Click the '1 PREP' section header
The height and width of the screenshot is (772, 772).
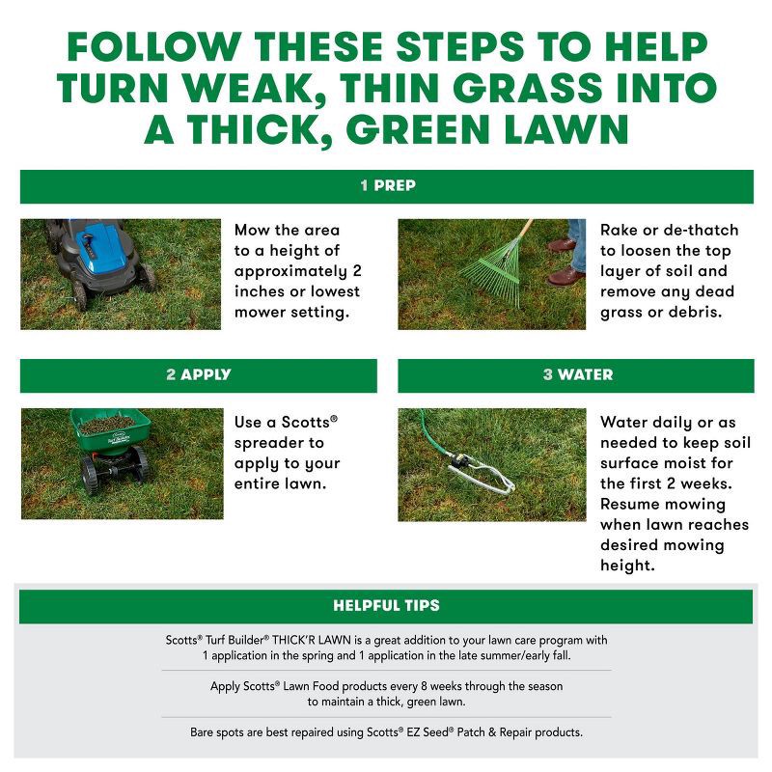pyautogui.click(x=387, y=186)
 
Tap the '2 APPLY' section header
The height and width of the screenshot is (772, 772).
pyautogui.click(x=198, y=374)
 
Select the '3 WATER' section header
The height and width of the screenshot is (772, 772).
pyautogui.click(x=577, y=374)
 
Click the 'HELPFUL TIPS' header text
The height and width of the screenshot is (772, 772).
pyautogui.click(x=386, y=606)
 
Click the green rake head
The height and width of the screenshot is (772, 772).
pyautogui.click(x=488, y=279)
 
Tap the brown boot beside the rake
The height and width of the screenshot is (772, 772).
pyautogui.click(x=565, y=277)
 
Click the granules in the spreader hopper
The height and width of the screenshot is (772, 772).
pyautogui.click(x=106, y=424)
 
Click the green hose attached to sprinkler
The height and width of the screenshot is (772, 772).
pyautogui.click(x=434, y=443)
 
